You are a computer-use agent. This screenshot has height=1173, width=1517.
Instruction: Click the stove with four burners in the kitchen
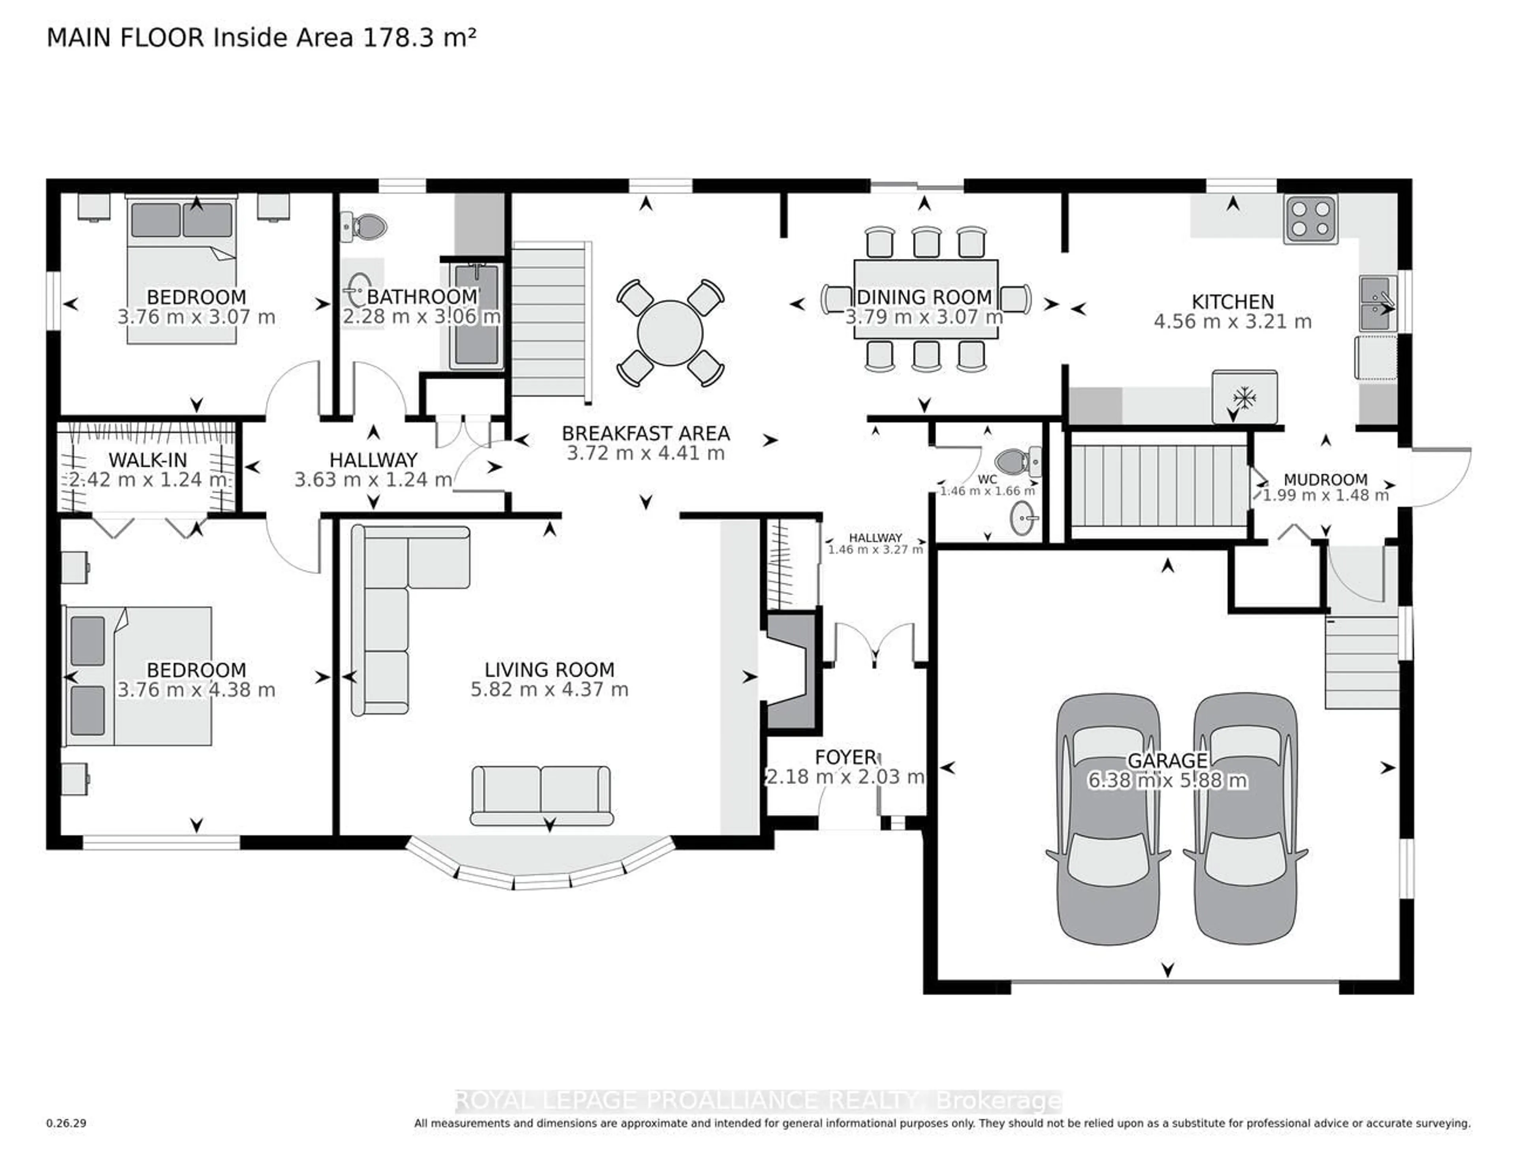point(1311,220)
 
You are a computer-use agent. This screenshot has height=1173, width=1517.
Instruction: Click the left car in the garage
point(1108,820)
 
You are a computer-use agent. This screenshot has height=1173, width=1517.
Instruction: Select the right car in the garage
point(1245,820)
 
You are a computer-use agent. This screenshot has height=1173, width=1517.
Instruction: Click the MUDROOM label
point(1325,479)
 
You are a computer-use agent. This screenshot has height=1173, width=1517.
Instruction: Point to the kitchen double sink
point(1377,304)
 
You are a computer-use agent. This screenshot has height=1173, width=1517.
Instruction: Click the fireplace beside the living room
point(790,671)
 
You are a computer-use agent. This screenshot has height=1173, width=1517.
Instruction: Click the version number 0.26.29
point(66,1123)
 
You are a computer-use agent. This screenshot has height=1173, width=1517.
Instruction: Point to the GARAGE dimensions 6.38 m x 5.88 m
point(1167,781)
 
